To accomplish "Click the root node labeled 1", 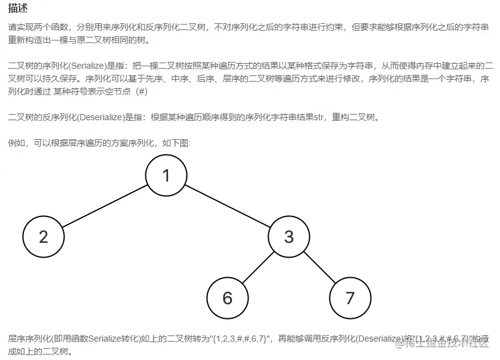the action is click(166, 175).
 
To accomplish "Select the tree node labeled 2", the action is click(44, 237).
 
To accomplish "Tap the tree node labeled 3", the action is click(289, 237).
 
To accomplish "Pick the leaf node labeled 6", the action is click(228, 298).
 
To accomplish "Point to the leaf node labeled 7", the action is click(350, 298).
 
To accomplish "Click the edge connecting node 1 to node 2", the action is click(104, 206).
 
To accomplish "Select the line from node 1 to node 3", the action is click(227, 206).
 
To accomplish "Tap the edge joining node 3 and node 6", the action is click(258, 267).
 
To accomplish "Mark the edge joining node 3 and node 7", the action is click(320, 267).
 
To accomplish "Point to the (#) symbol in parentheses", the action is click(140, 91).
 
